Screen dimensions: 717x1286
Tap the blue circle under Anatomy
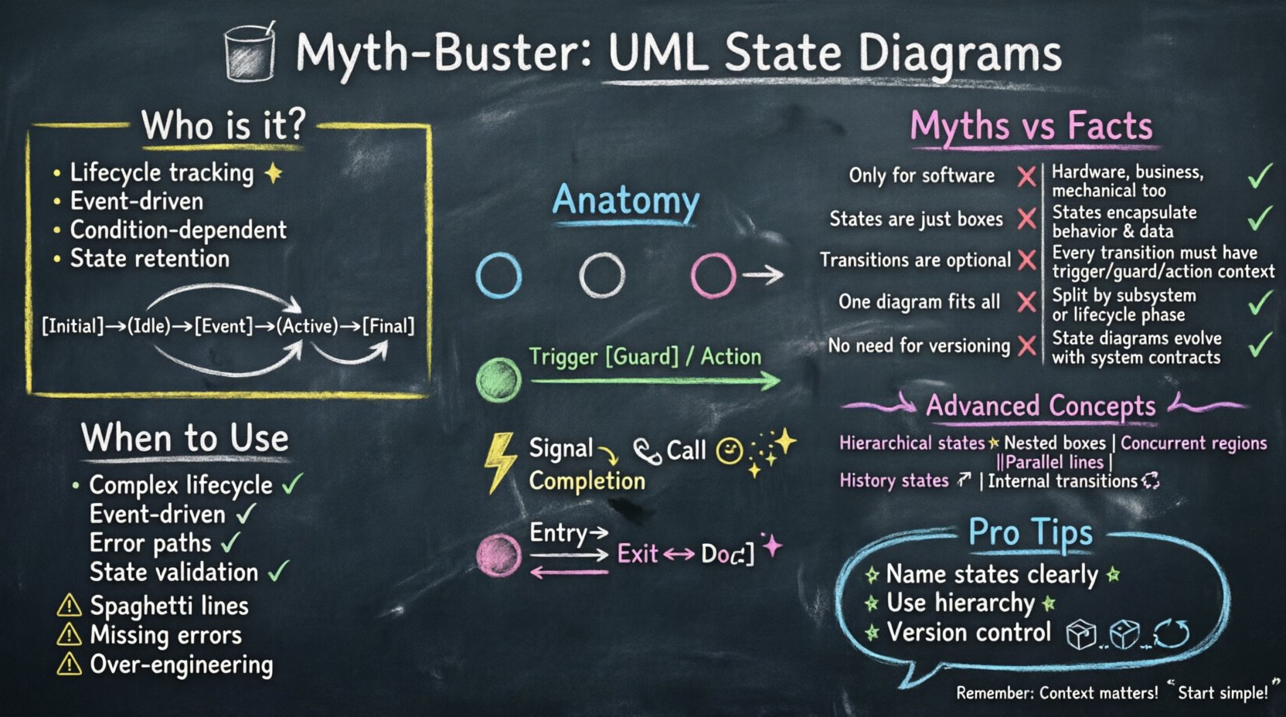point(498,275)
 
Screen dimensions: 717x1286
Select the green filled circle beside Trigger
point(498,379)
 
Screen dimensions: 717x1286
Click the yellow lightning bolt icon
point(499,461)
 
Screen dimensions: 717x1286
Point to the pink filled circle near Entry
point(498,555)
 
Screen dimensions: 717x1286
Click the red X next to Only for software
point(1026,177)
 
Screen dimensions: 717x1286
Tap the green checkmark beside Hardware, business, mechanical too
point(1260,177)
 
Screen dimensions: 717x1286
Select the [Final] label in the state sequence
point(388,326)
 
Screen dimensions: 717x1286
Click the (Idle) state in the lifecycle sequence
point(149,326)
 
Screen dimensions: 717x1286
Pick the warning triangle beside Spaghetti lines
point(70,606)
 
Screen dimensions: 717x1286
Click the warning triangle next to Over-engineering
point(70,664)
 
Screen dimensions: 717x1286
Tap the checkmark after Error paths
point(230,543)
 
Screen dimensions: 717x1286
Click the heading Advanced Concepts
point(1040,406)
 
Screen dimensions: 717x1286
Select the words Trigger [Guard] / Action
point(645,356)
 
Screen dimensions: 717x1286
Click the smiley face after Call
point(729,450)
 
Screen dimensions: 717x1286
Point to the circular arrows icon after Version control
point(1171,634)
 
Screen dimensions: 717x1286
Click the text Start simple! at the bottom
point(1222,692)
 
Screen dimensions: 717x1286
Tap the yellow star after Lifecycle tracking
point(273,173)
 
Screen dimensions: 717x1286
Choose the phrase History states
point(893,481)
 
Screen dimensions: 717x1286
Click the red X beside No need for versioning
point(1026,345)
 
